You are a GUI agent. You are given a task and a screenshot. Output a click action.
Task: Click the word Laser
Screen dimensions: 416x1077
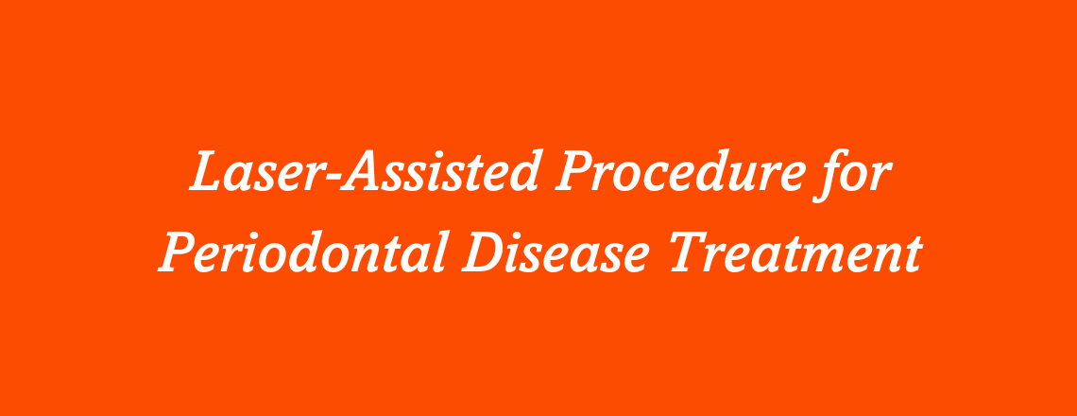(248, 174)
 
